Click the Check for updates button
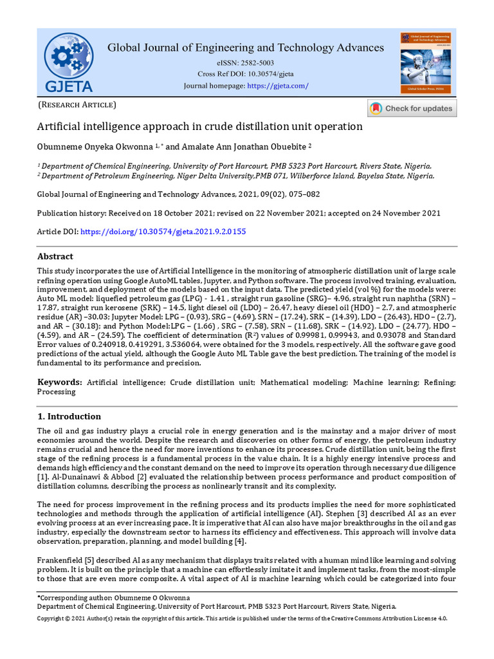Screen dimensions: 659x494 point(412,108)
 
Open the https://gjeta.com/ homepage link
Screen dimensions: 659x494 point(278,86)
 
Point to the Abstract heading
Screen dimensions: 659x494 point(55,256)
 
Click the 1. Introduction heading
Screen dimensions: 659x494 point(69,416)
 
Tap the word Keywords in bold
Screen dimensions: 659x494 point(59,382)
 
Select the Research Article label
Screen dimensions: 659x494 point(77,104)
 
